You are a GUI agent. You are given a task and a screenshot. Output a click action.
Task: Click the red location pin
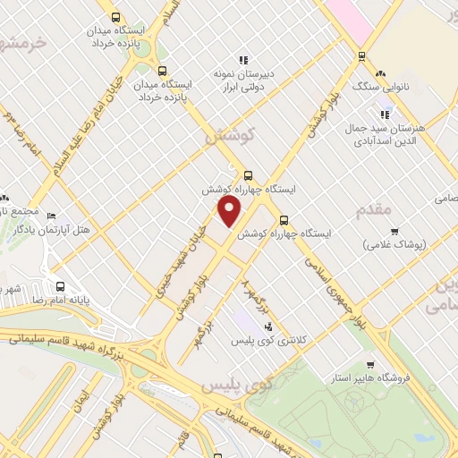[230, 211]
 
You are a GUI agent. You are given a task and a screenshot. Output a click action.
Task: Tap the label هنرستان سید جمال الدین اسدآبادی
[386, 134]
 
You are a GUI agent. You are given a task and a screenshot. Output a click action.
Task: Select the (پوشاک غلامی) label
[394, 243]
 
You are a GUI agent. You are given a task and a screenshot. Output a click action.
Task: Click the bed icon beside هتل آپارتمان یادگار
[51, 216]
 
